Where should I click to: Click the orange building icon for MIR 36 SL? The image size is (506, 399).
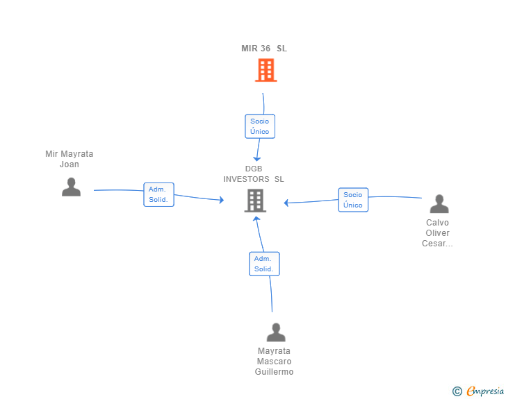[x=266, y=70]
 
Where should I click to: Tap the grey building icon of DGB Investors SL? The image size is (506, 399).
[x=255, y=201]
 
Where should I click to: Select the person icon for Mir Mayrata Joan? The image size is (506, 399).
[x=71, y=187]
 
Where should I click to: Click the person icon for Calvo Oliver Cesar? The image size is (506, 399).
[x=439, y=204]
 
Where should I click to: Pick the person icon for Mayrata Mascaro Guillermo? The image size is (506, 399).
[x=276, y=332]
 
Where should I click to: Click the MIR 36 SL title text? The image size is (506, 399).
[x=264, y=49]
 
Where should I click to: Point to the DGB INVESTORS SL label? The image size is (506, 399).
[x=254, y=173]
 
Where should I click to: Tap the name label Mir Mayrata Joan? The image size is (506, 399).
[x=69, y=159]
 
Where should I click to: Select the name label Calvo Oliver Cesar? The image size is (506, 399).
[x=437, y=232]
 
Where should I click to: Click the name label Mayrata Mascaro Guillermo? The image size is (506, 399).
[x=274, y=362]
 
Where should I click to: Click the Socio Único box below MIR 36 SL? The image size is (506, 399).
[x=260, y=126]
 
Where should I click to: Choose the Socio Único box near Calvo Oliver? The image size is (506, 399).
[x=353, y=200]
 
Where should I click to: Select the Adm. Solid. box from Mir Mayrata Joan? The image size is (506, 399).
[x=158, y=195]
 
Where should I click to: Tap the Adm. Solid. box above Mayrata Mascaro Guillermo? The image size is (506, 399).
[x=264, y=264]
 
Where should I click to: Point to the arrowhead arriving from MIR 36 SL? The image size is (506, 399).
[x=257, y=159]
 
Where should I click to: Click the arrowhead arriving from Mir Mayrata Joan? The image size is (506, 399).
[x=222, y=200]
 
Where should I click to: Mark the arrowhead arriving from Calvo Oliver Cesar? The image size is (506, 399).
[x=286, y=203]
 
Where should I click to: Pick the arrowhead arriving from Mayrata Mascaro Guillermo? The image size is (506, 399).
[x=256, y=219]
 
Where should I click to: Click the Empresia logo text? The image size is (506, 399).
[x=485, y=391]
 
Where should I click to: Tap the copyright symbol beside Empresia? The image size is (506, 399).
[x=457, y=391]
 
